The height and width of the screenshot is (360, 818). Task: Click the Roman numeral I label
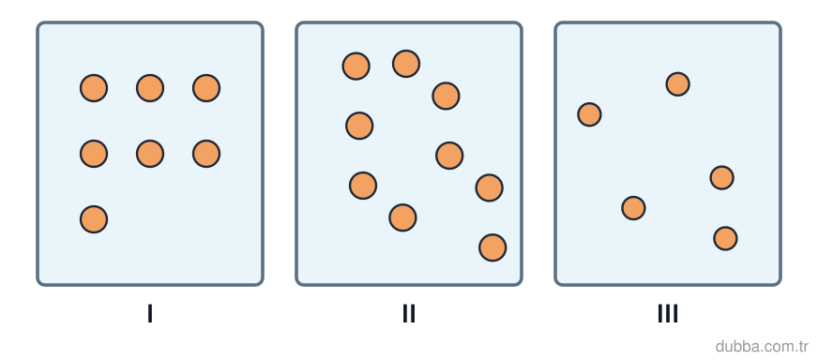tap(150, 313)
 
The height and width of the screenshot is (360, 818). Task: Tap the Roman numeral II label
tap(409, 313)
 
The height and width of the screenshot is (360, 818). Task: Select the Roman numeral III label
tap(668, 313)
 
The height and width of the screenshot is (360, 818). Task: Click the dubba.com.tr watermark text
tap(762, 346)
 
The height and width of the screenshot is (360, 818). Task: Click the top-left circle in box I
tap(94, 88)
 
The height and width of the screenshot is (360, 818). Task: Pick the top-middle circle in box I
tap(150, 88)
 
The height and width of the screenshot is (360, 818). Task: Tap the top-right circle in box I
tap(206, 88)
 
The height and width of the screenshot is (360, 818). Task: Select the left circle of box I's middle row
tap(94, 154)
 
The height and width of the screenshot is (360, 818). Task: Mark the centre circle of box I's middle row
tap(150, 154)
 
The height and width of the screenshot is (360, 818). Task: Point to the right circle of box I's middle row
tap(206, 154)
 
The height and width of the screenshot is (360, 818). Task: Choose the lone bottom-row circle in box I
tap(94, 219)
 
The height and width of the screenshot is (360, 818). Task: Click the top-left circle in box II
tap(356, 67)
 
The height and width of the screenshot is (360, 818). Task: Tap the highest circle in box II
tap(406, 64)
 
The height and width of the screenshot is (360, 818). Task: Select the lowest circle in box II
tap(492, 247)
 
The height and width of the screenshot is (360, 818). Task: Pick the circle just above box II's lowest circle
tap(490, 187)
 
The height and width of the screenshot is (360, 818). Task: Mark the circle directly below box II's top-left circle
tap(359, 126)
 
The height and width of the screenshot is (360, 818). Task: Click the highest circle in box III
tap(678, 84)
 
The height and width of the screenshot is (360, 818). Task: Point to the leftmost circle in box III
tap(589, 114)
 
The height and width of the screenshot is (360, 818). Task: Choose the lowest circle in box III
tap(726, 239)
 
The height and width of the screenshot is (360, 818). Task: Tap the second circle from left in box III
tap(634, 208)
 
